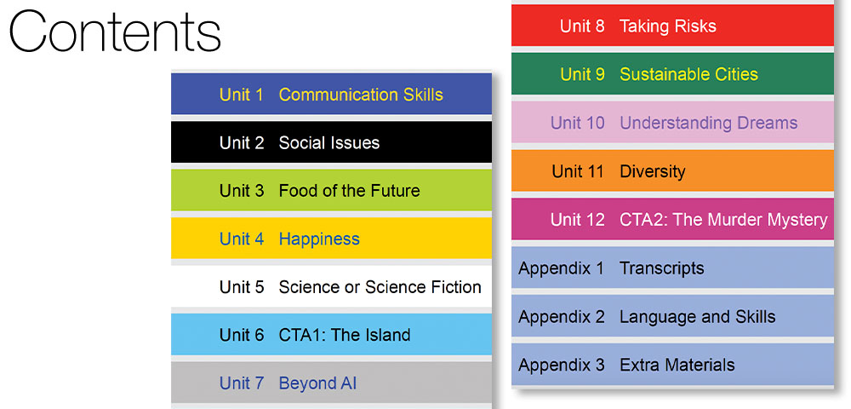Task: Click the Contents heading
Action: tap(115, 31)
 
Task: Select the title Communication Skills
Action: tap(361, 95)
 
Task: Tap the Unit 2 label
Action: tap(242, 143)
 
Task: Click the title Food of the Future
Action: tap(350, 191)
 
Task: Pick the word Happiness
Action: tap(319, 239)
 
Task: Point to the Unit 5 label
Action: tap(242, 287)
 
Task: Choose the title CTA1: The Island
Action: tap(345, 335)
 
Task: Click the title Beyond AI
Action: tap(317, 383)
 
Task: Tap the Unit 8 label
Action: tap(582, 26)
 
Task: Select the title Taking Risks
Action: tap(668, 26)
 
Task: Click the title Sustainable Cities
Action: tap(688, 74)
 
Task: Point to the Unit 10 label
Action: tap(578, 123)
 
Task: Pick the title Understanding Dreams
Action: tap(709, 124)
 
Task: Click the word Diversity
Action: tap(653, 171)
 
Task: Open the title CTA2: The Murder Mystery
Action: tap(723, 220)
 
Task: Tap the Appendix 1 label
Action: tap(561, 268)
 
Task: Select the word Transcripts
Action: tap(662, 268)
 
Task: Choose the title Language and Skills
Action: tap(698, 317)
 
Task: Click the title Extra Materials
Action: tap(677, 365)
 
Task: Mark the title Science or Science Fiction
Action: tap(380, 287)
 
